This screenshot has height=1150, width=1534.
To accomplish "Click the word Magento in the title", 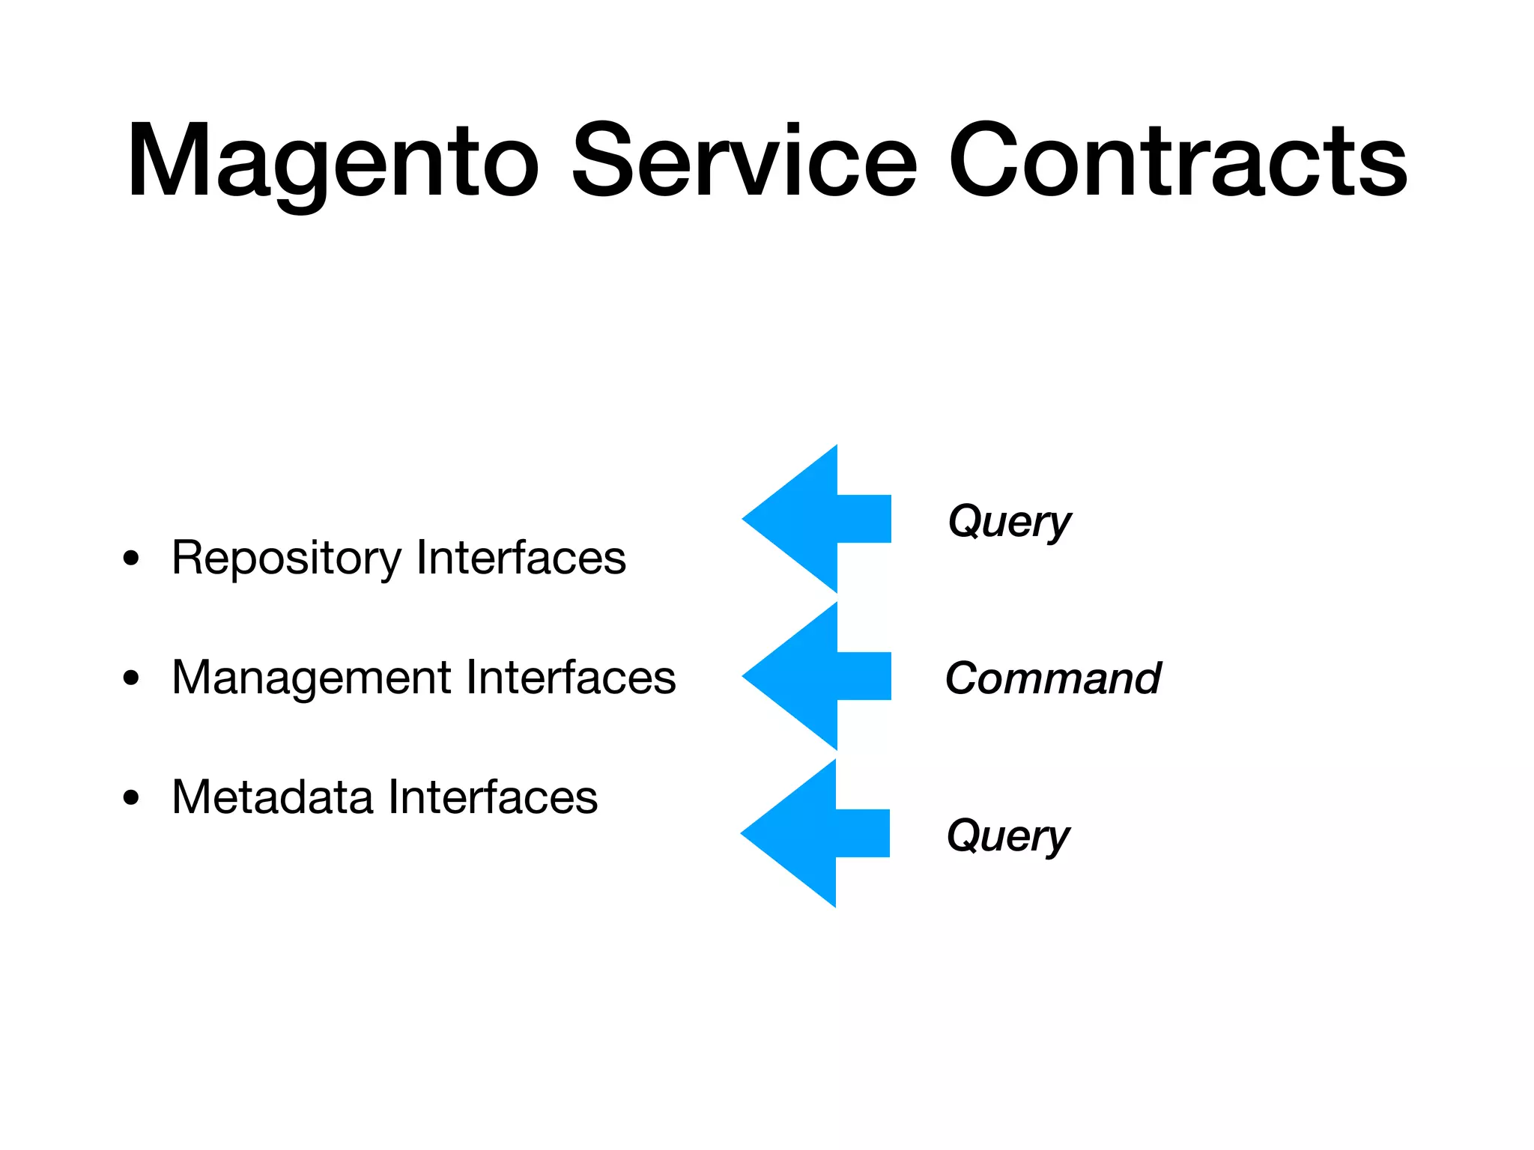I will tap(333, 161).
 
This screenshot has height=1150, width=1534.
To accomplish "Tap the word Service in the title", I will tap(744, 161).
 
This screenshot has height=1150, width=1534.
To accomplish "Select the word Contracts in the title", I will tap(1177, 161).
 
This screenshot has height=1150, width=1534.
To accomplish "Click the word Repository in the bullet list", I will tap(286, 559).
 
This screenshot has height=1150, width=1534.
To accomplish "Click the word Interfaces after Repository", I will tap(521, 558).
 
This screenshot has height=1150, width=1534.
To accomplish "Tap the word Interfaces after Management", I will tap(571, 678).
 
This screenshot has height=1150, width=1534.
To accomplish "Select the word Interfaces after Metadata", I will tap(493, 797).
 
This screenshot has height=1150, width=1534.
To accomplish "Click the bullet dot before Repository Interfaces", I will tap(132, 559).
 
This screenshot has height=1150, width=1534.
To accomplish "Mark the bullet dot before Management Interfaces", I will tap(132, 678).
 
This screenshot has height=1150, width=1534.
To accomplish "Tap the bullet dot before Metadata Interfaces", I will tap(132, 798).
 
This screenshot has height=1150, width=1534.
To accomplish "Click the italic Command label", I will tap(1052, 678).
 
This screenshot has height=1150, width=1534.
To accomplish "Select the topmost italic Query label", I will tap(1009, 522).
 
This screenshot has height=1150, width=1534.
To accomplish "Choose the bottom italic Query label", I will tap(1008, 836).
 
